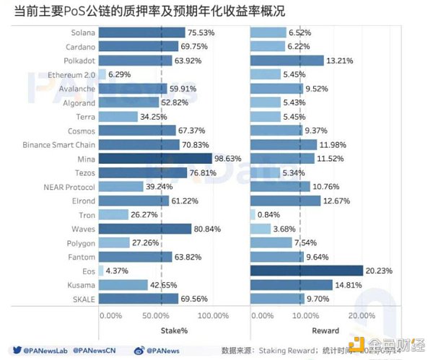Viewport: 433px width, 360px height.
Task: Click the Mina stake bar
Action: coord(149,157)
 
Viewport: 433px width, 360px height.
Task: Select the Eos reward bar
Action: coord(306,271)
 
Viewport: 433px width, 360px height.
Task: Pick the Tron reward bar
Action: coord(253,214)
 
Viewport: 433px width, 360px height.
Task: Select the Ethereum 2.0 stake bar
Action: coord(102,74)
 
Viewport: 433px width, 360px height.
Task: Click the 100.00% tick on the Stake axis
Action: coord(213,315)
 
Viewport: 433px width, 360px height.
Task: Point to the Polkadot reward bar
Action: coord(287,60)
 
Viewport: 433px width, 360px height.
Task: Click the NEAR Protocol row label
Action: coord(69,186)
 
